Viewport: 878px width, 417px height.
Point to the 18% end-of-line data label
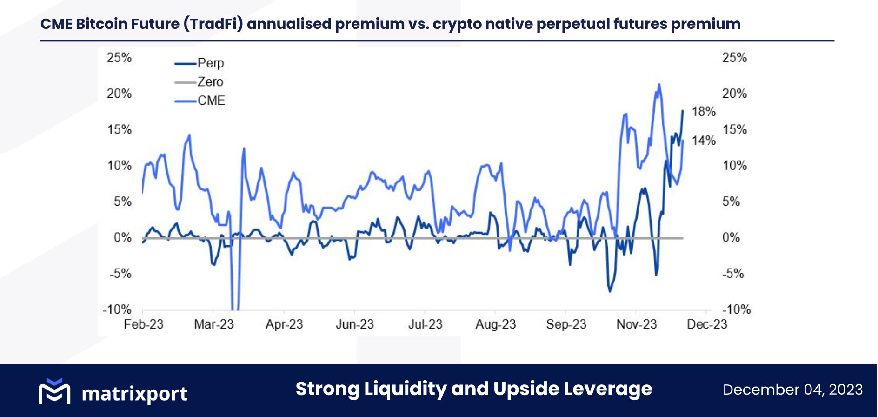[703, 112]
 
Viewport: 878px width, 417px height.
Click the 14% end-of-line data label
[703, 141]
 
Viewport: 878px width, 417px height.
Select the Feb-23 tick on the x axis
[143, 324]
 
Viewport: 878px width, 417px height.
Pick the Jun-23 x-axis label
[354, 324]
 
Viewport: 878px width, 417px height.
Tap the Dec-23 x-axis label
[706, 324]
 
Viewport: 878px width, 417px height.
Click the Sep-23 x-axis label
[565, 324]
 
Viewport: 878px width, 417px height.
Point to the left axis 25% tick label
[119, 58]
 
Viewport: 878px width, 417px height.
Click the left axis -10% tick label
[117, 309]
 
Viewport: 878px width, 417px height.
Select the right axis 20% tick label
[734, 94]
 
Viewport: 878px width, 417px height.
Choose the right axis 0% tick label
[731, 238]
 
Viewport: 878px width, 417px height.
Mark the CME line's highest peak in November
[659, 85]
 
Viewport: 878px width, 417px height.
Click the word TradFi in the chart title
[213, 24]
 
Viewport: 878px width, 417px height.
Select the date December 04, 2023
[792, 390]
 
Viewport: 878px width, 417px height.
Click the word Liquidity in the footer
[405, 389]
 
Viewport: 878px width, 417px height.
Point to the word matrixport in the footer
[134, 394]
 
